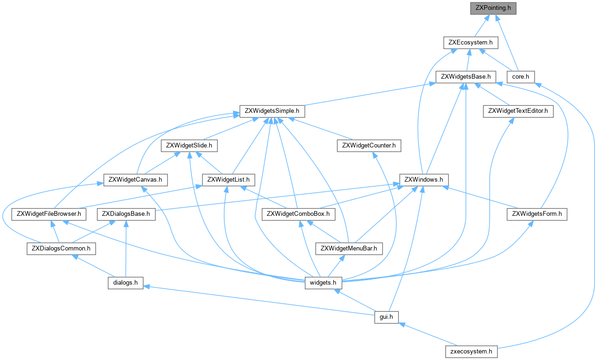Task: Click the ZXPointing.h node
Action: tap(493, 8)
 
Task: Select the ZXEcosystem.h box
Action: tap(471, 43)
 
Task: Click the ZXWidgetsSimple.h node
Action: tap(272, 111)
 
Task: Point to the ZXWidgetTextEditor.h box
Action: tap(518, 111)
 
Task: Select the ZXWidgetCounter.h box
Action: tap(369, 146)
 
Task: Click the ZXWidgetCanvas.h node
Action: tap(135, 180)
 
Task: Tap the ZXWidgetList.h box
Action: tap(228, 180)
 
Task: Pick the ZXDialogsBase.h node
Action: tap(126, 214)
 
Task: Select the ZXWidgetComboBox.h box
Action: tap(299, 214)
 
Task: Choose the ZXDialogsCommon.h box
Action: tap(61, 249)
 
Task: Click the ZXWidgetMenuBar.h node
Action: tap(349, 249)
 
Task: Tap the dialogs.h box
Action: tap(123, 283)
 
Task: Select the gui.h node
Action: tap(386, 317)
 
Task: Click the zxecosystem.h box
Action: tap(471, 352)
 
